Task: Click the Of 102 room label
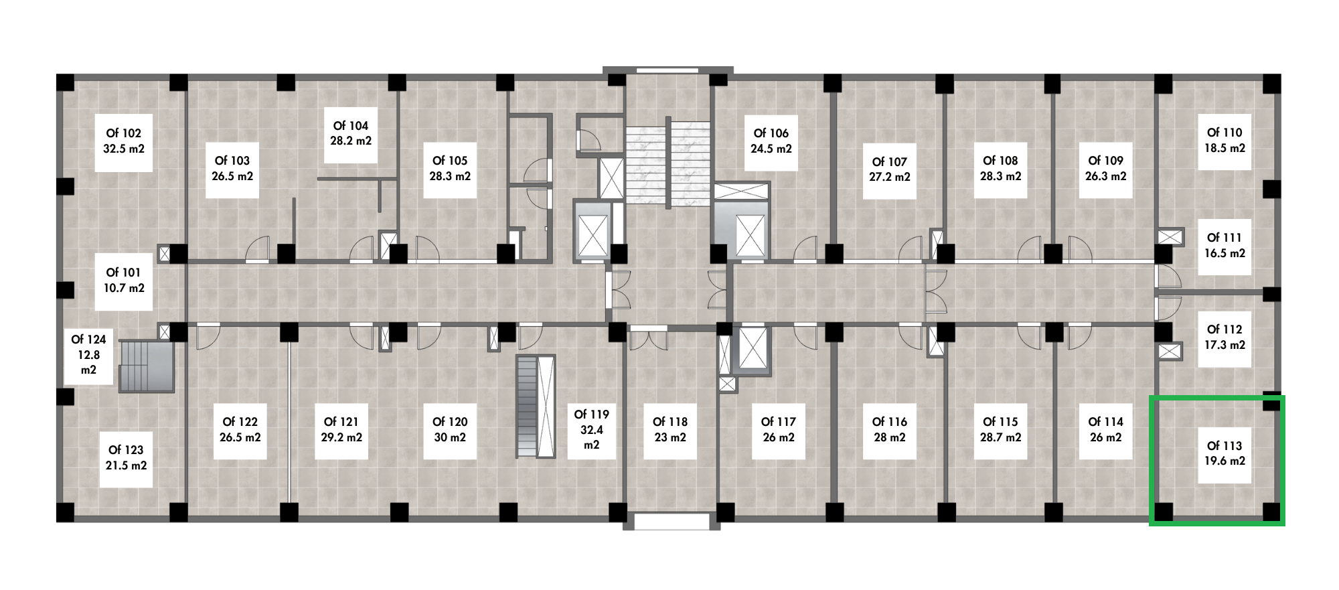click(x=123, y=141)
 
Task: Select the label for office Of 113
click(x=1224, y=453)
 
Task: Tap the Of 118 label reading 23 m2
click(x=669, y=429)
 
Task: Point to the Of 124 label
click(x=88, y=354)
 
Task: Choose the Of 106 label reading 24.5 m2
click(x=771, y=141)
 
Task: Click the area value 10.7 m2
click(x=125, y=288)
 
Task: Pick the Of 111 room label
click(x=1224, y=245)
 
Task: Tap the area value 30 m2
click(x=450, y=437)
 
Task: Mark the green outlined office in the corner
click(x=1217, y=459)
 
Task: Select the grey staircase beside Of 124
click(x=147, y=365)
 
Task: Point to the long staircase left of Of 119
click(x=536, y=407)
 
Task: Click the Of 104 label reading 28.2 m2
click(x=351, y=133)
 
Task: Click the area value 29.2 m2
click(x=341, y=437)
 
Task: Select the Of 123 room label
click(x=126, y=457)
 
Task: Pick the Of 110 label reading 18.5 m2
click(x=1224, y=140)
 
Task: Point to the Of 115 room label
click(x=1000, y=429)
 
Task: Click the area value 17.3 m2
click(x=1225, y=345)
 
